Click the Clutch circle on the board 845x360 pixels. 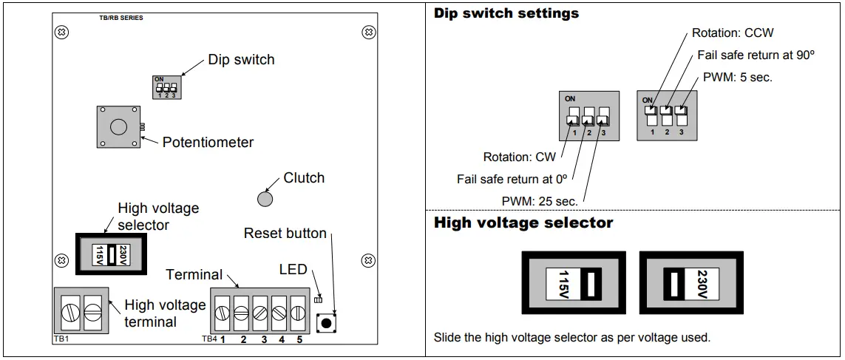(x=265, y=198)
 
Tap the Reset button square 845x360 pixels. (x=326, y=323)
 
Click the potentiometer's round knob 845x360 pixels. (x=118, y=126)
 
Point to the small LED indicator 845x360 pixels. (x=318, y=299)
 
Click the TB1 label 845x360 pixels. (x=61, y=339)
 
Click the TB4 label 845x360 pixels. (x=209, y=339)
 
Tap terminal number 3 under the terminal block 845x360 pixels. (x=263, y=339)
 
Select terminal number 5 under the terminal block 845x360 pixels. (x=299, y=339)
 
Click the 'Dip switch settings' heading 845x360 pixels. (x=506, y=13)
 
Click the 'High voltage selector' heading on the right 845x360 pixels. (x=523, y=223)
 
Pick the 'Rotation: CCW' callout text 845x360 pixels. (x=733, y=33)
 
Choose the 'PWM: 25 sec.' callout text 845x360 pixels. (x=540, y=200)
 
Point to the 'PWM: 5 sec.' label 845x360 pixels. (x=738, y=77)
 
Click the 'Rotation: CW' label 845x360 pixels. (x=519, y=157)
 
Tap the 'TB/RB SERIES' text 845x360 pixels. (x=121, y=18)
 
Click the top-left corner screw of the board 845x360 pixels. (x=64, y=33)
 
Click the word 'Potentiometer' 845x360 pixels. (x=208, y=142)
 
